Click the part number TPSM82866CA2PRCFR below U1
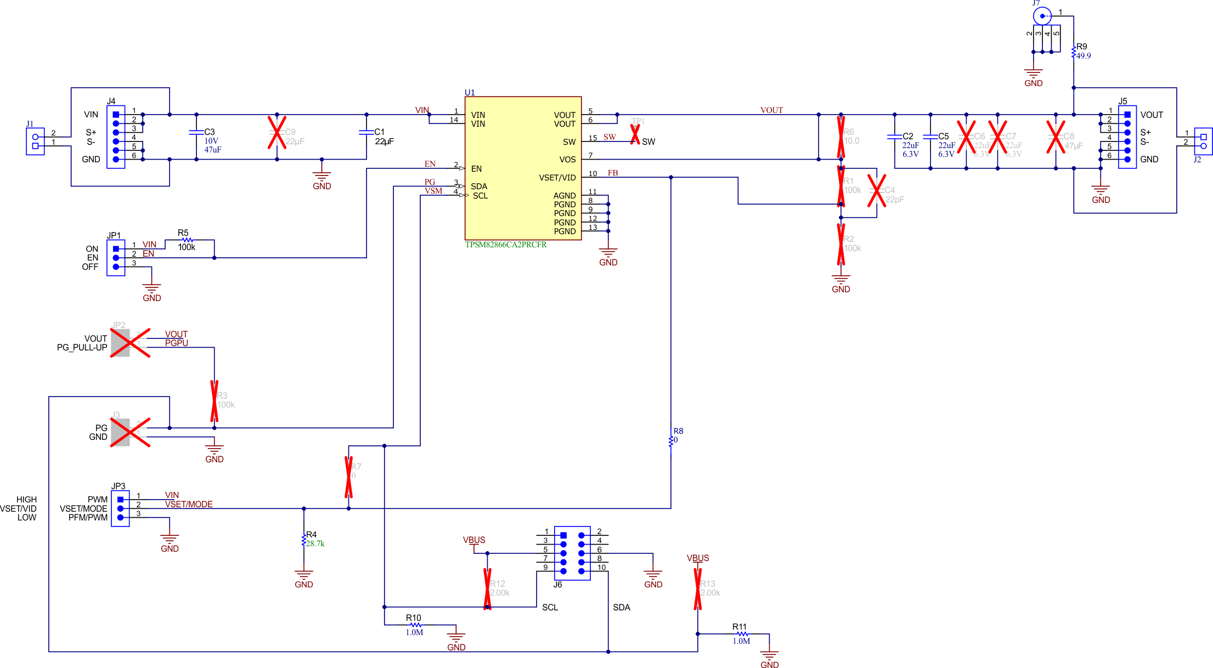click(x=506, y=245)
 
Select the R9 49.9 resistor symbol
click(x=1074, y=52)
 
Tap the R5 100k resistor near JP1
click(x=187, y=240)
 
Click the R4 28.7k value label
click(x=315, y=544)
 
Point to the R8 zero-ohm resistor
click(x=670, y=440)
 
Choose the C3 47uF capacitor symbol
click(x=196, y=133)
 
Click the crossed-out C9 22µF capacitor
click(x=277, y=133)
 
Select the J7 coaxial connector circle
click(x=1042, y=16)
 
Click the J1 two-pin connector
click(x=35, y=141)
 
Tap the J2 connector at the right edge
click(x=1203, y=141)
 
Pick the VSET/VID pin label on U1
click(x=557, y=178)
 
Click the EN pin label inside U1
click(x=476, y=169)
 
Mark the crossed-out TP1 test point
click(x=635, y=134)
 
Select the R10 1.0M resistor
click(x=416, y=625)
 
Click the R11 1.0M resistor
click(x=742, y=634)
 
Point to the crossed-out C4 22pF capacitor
click(x=877, y=190)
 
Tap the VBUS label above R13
click(x=698, y=558)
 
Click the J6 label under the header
click(x=557, y=585)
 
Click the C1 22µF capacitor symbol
click(x=366, y=133)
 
